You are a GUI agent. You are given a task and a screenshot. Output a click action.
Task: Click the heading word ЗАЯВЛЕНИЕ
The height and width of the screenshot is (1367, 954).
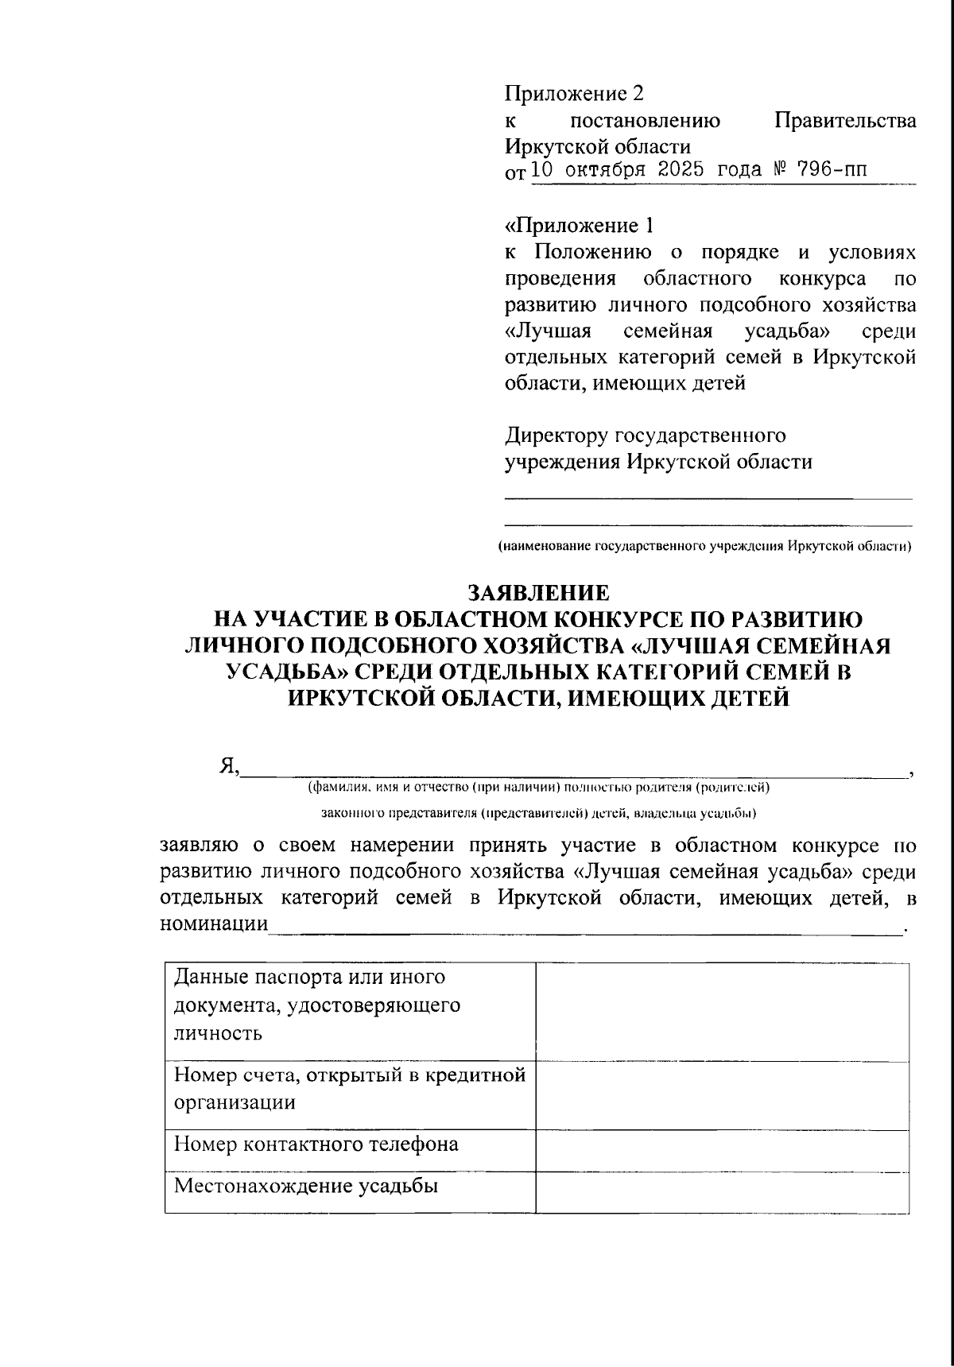point(538,593)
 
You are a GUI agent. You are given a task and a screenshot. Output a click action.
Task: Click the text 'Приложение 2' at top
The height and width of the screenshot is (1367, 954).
point(574,94)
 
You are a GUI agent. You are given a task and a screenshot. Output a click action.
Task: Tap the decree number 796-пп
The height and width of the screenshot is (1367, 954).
point(826,170)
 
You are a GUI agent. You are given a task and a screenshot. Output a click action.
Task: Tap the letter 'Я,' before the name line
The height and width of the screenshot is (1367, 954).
point(229,766)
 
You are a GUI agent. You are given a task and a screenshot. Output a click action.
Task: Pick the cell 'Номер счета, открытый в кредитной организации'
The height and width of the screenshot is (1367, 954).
point(350,1089)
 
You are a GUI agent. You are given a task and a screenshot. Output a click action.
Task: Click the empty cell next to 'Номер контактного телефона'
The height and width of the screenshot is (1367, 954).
point(722,1150)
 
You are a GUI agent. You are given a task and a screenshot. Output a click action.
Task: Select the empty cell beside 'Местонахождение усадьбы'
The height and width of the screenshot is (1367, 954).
point(722,1192)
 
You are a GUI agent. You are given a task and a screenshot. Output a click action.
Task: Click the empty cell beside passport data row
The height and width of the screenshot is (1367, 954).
point(722,1011)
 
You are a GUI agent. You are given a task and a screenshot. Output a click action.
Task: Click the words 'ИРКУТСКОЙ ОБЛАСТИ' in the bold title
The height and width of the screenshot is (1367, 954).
point(463,699)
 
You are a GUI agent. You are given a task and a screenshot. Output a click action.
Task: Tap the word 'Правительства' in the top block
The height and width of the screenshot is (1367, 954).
point(845,121)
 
